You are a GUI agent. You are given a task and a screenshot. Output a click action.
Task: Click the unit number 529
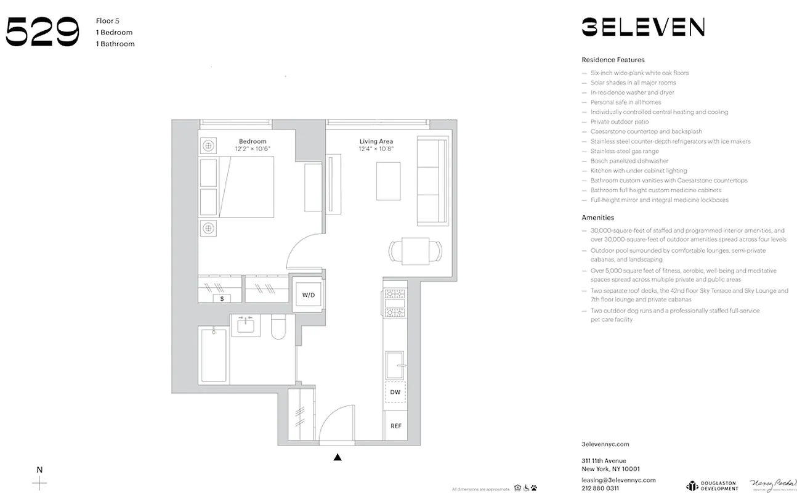coord(42,32)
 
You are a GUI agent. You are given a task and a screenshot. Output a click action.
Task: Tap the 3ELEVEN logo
coord(643,27)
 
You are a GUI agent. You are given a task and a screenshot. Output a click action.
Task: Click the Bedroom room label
coord(253,142)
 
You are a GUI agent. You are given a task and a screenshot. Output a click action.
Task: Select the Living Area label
coord(376,142)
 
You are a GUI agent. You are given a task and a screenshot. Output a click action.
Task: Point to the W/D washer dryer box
coord(309,295)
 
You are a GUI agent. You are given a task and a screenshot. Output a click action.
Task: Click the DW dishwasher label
coord(395,392)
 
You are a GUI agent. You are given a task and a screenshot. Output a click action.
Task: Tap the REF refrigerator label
coord(395,426)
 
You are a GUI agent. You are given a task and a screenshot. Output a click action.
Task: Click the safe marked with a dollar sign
coord(222,298)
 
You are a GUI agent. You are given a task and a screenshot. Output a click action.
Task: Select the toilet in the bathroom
coord(278,327)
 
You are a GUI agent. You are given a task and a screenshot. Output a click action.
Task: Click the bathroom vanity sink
coord(249,324)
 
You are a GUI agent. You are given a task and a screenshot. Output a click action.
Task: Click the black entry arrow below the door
coord(337,457)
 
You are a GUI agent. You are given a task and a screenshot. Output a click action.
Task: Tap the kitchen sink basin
coord(394,365)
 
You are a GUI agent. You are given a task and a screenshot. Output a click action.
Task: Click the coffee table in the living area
coord(388,181)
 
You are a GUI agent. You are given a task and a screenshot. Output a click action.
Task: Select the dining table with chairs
coord(416,251)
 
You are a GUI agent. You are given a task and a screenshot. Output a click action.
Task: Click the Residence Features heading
coord(613,60)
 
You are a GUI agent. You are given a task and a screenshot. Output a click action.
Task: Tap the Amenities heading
coord(597,218)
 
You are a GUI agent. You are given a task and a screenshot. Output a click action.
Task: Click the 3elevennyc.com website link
coord(605,444)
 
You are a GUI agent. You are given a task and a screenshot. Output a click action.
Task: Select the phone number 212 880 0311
coord(600,488)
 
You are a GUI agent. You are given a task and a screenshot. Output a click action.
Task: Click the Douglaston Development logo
coord(712,485)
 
